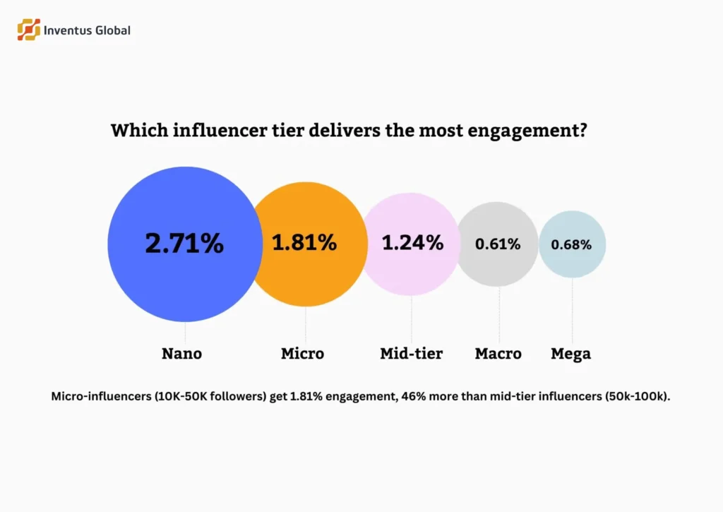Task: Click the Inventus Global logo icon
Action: coord(28,30)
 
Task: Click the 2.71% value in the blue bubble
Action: coord(184,244)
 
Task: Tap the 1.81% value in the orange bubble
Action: coord(304,243)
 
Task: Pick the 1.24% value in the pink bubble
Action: coord(412,243)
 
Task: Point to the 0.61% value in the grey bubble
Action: coord(498,244)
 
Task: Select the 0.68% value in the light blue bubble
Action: coord(571,244)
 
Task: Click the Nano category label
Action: coord(181,354)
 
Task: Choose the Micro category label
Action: coord(302,354)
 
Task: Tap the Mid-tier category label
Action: coord(411,354)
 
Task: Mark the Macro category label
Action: coord(498,354)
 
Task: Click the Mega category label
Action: coord(570,354)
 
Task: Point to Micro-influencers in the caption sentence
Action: coord(96,396)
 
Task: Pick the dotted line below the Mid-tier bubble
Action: coord(412,318)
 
